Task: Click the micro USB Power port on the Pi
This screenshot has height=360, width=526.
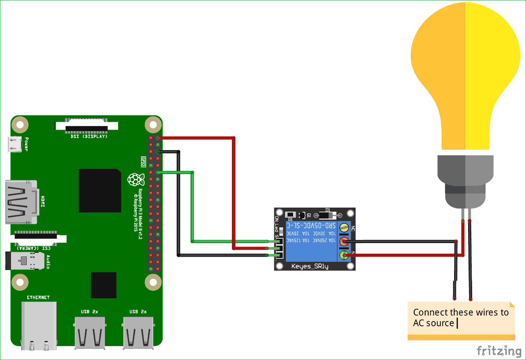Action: click(x=15, y=144)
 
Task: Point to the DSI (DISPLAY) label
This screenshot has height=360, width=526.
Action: click(x=89, y=136)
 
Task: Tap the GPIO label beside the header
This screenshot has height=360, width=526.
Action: click(x=143, y=161)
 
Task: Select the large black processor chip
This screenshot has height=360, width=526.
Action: click(x=100, y=191)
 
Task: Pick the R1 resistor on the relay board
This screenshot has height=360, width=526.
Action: click(x=290, y=215)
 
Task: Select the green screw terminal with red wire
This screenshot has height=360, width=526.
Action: click(x=345, y=254)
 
